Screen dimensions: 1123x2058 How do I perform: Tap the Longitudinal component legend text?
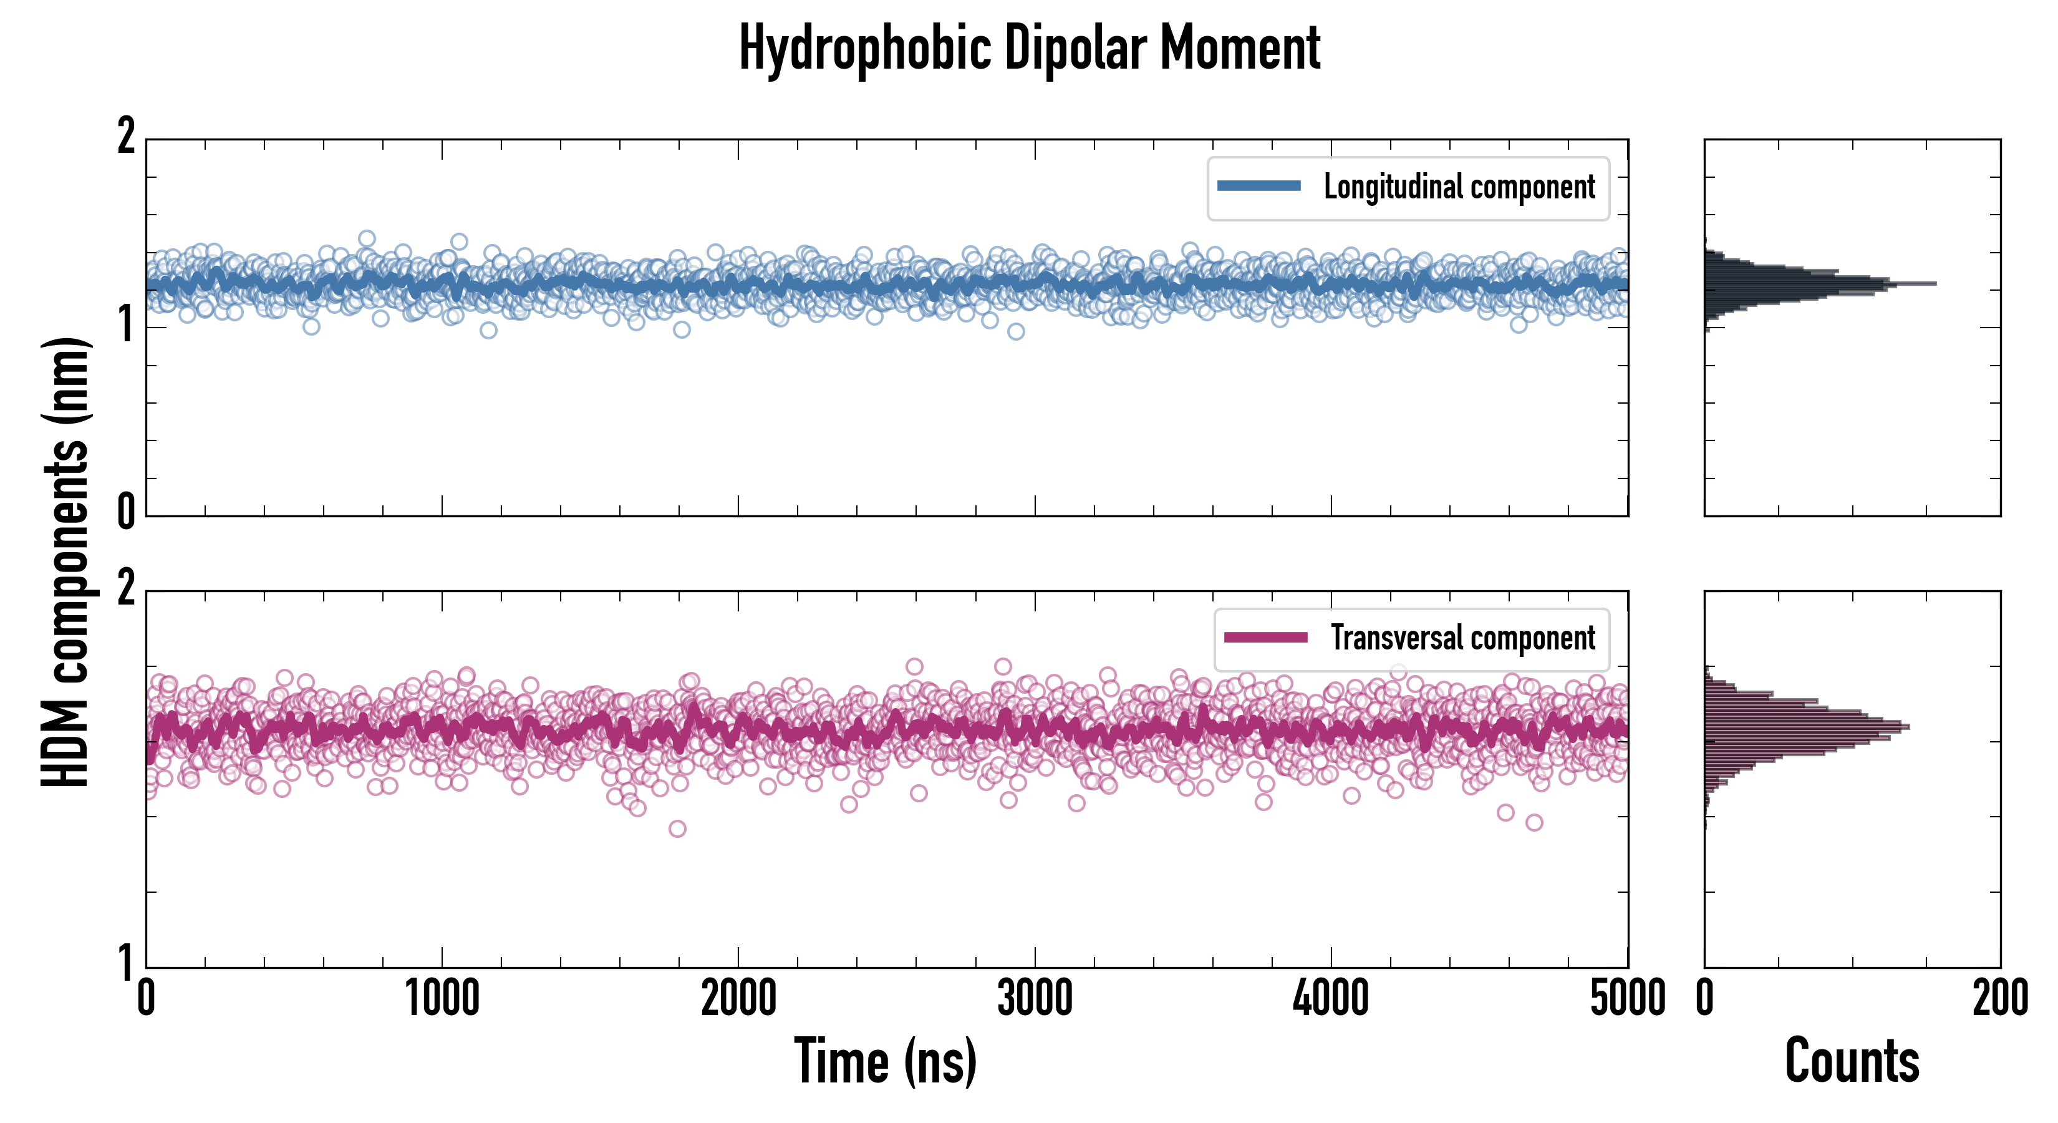[x=1459, y=187]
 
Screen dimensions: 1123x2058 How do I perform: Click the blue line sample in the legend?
[x=1258, y=187]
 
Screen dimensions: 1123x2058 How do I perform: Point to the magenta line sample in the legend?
[x=1265, y=638]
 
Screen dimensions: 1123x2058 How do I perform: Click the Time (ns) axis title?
[x=885, y=1061]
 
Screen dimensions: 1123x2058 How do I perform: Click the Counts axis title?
[x=1852, y=1061]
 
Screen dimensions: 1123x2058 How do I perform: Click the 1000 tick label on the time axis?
[x=442, y=999]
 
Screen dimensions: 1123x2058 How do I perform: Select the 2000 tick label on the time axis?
[x=738, y=999]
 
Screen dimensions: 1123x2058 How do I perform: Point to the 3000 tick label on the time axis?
[x=1035, y=999]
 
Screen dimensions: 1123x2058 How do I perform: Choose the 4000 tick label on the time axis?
[x=1331, y=999]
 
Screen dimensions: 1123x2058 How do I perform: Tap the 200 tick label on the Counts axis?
[x=1999, y=999]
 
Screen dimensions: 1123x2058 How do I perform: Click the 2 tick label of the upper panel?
[x=126, y=137]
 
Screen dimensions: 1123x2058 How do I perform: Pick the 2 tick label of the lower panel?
[x=126, y=589]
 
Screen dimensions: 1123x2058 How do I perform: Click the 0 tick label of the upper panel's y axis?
[x=126, y=512]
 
